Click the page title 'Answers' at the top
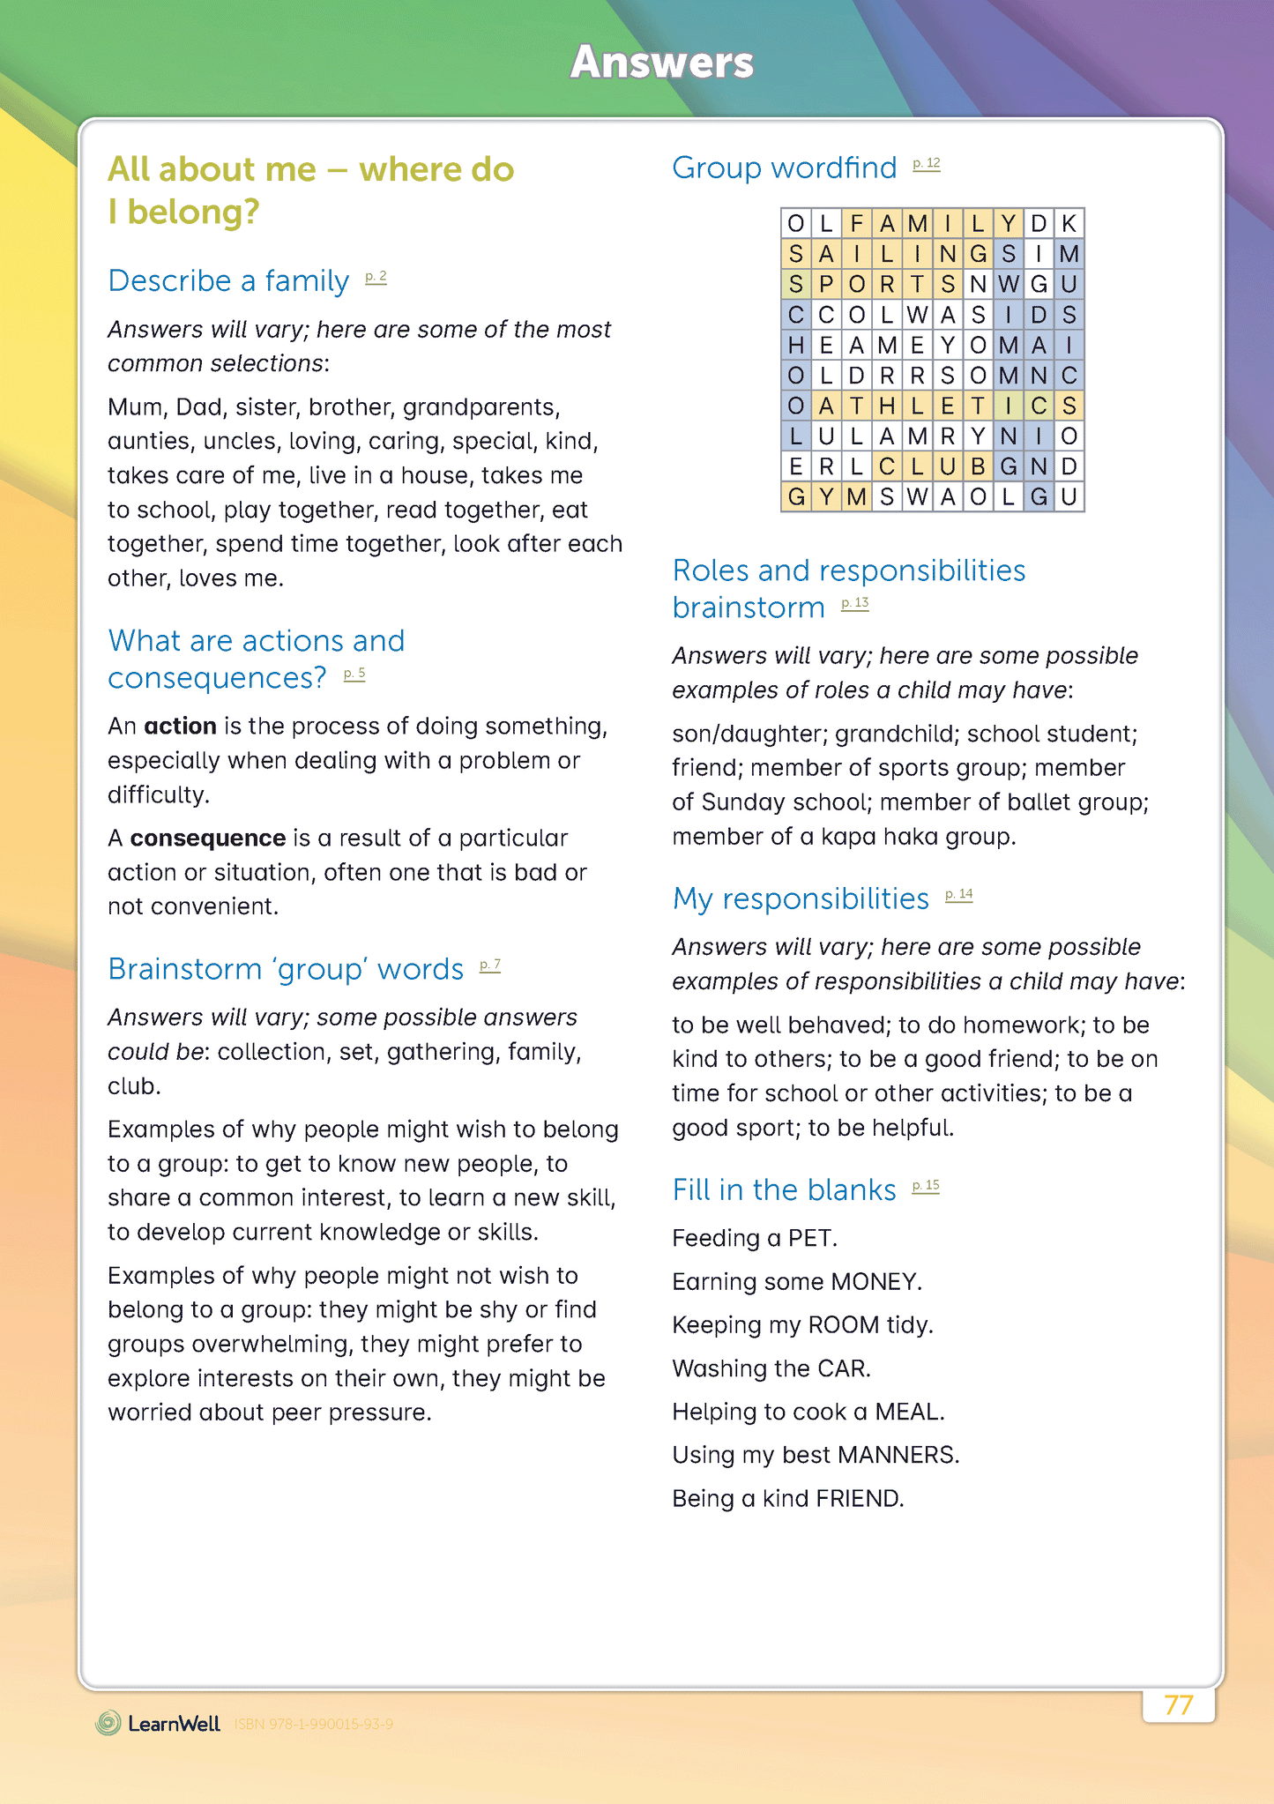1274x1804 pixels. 661,63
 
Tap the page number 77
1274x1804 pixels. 1178,1705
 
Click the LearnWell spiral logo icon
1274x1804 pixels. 108,1723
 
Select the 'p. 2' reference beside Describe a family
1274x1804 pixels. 376,278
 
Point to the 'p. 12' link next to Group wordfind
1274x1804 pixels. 926,164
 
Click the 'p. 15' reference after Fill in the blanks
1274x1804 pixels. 926,1186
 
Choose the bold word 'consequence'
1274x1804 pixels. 208,838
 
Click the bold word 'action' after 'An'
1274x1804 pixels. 180,726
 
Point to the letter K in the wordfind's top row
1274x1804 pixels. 1069,224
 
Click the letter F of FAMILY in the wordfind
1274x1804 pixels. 856,224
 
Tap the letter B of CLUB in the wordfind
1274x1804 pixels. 978,466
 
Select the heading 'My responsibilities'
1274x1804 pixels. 801,898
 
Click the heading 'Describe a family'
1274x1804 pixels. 228,280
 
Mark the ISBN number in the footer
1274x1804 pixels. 314,1724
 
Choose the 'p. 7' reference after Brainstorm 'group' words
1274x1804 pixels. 489,965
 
